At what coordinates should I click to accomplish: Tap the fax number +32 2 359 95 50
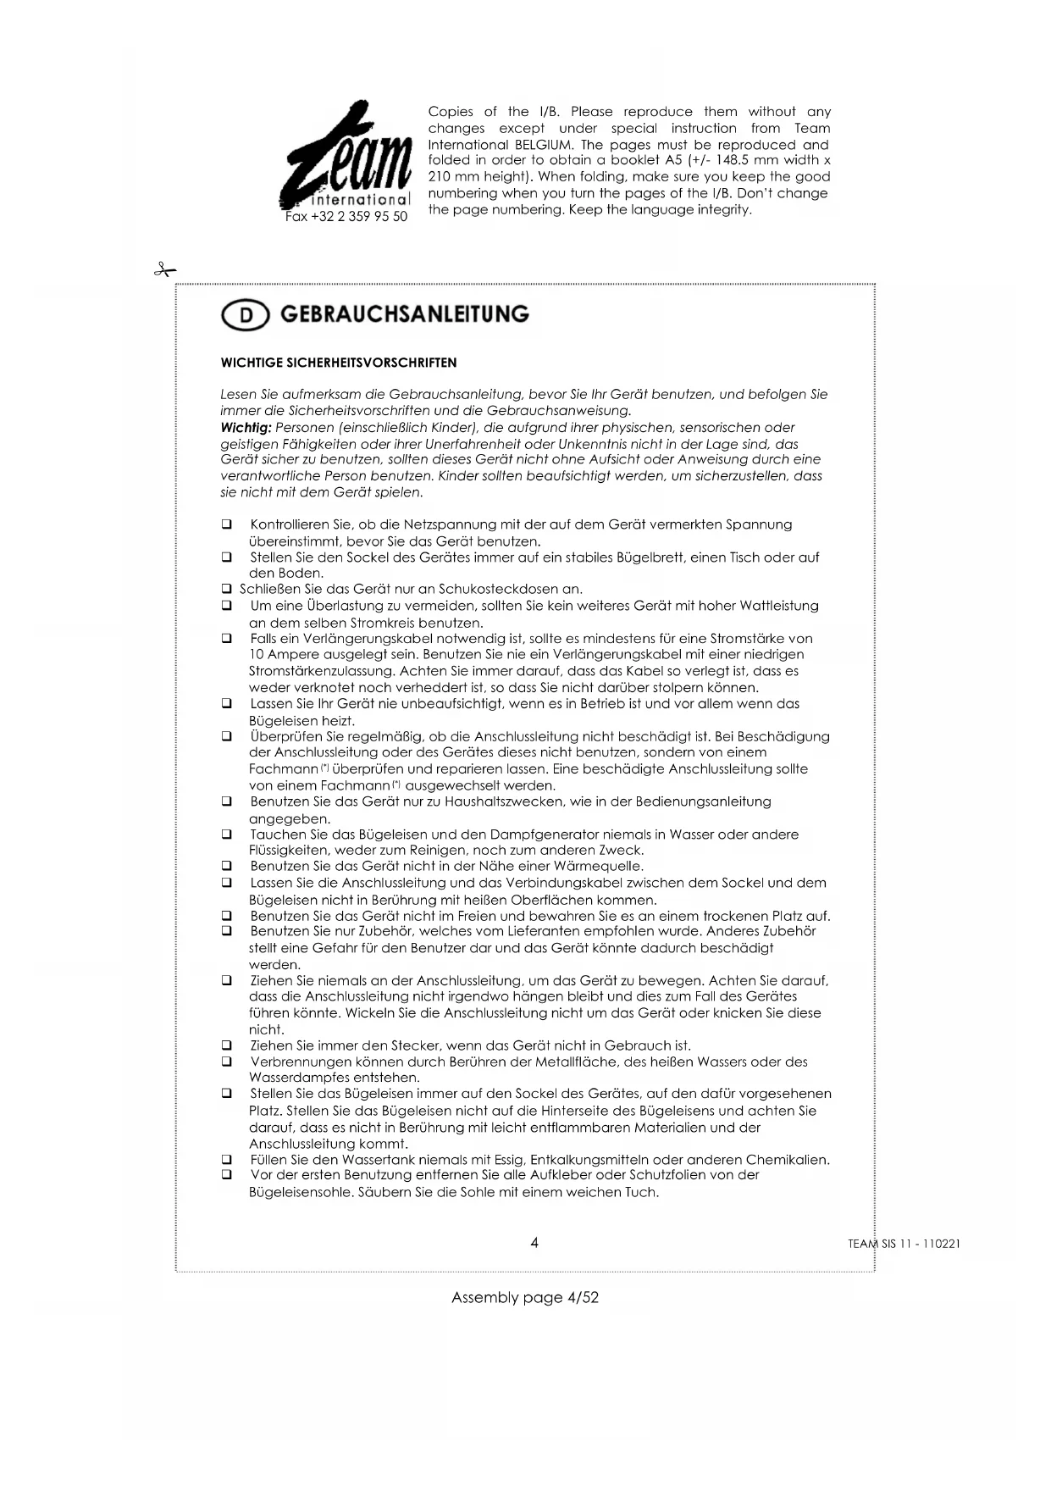point(346,217)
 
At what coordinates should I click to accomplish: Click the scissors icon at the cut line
point(164,270)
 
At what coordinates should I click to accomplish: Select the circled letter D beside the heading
point(245,315)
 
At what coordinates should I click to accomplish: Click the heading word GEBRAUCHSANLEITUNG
point(404,314)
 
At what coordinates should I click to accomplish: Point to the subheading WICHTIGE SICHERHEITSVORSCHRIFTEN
point(338,363)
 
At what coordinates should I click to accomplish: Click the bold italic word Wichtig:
point(246,428)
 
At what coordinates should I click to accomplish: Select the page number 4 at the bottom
point(534,1243)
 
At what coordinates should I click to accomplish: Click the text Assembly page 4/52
point(525,1297)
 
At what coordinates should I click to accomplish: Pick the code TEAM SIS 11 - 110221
point(904,1245)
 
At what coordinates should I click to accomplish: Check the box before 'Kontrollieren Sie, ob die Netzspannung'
point(227,525)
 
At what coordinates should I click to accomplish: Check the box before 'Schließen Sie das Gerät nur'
point(227,590)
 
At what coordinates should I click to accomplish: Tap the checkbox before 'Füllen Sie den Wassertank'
point(227,1160)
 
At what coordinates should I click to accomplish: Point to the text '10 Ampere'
point(279,655)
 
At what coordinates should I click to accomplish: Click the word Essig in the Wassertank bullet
point(506,1160)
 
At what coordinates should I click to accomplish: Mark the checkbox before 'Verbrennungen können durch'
point(227,1062)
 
